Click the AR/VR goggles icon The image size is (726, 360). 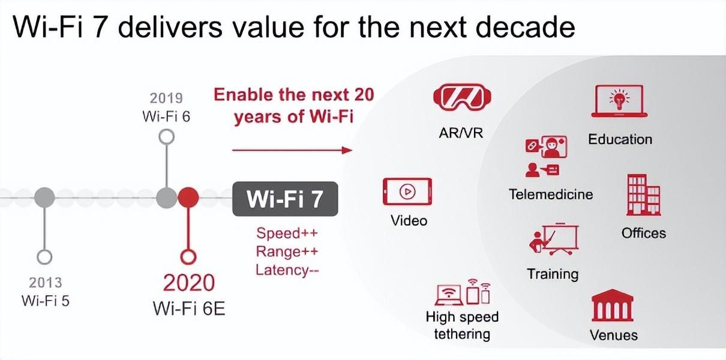(462, 97)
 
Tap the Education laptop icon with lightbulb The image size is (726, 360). (619, 101)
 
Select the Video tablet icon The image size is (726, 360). (407, 191)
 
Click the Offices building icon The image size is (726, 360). (644, 195)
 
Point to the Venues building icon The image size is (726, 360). (612, 305)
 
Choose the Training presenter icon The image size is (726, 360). (554, 239)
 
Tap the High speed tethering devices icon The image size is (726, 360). (463, 292)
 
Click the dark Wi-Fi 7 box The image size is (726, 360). (285, 199)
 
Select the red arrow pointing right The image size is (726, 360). (292, 150)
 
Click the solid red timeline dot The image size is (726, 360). (188, 197)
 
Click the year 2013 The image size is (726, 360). (46, 283)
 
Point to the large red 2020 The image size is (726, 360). (189, 283)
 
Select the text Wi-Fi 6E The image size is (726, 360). (189, 308)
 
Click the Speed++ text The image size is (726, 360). (287, 233)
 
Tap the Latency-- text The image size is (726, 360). (287, 270)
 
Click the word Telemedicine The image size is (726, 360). (551, 194)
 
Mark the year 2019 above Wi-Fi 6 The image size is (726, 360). (166, 98)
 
